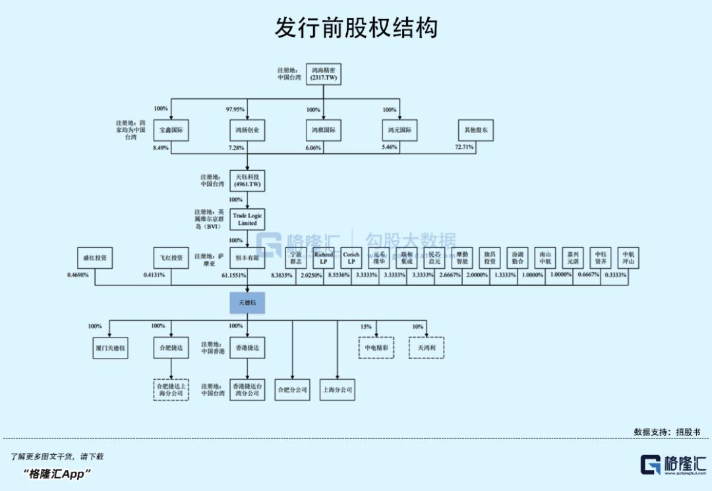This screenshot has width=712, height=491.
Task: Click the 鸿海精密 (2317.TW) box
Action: (324, 74)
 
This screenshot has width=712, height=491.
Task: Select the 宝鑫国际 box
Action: (171, 130)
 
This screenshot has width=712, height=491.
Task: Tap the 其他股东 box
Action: (476, 130)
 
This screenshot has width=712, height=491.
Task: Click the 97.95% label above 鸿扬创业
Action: (235, 109)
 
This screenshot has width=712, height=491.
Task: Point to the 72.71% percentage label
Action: (464, 147)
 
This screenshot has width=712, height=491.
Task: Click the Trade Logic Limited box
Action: (247, 219)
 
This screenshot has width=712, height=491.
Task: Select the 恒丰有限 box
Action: (247, 257)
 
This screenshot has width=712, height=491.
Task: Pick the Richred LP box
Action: (324, 257)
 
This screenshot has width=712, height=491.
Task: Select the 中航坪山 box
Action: (628, 257)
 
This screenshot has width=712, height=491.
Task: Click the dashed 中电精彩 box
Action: (376, 347)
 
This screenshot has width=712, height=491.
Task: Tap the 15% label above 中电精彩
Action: (366, 326)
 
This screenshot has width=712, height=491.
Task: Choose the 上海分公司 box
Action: (336, 390)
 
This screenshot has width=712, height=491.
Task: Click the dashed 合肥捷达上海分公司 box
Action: (171, 389)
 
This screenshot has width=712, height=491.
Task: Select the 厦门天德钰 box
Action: (110, 347)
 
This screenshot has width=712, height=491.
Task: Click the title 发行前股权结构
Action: (356, 28)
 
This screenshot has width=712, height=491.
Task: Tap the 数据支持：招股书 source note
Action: (667, 432)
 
